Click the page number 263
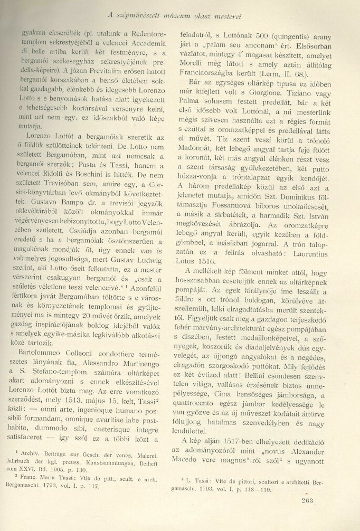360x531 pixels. click(305, 501)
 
